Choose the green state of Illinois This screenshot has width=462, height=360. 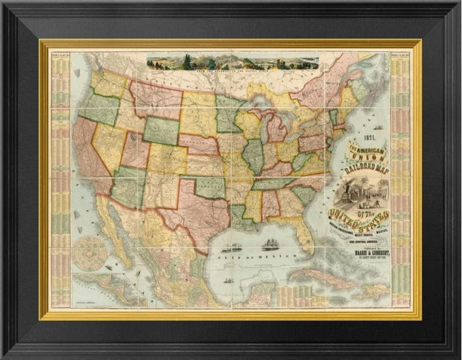(x=254, y=154)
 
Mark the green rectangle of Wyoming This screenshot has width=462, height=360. (x=160, y=130)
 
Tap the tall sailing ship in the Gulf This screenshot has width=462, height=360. (x=269, y=245)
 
